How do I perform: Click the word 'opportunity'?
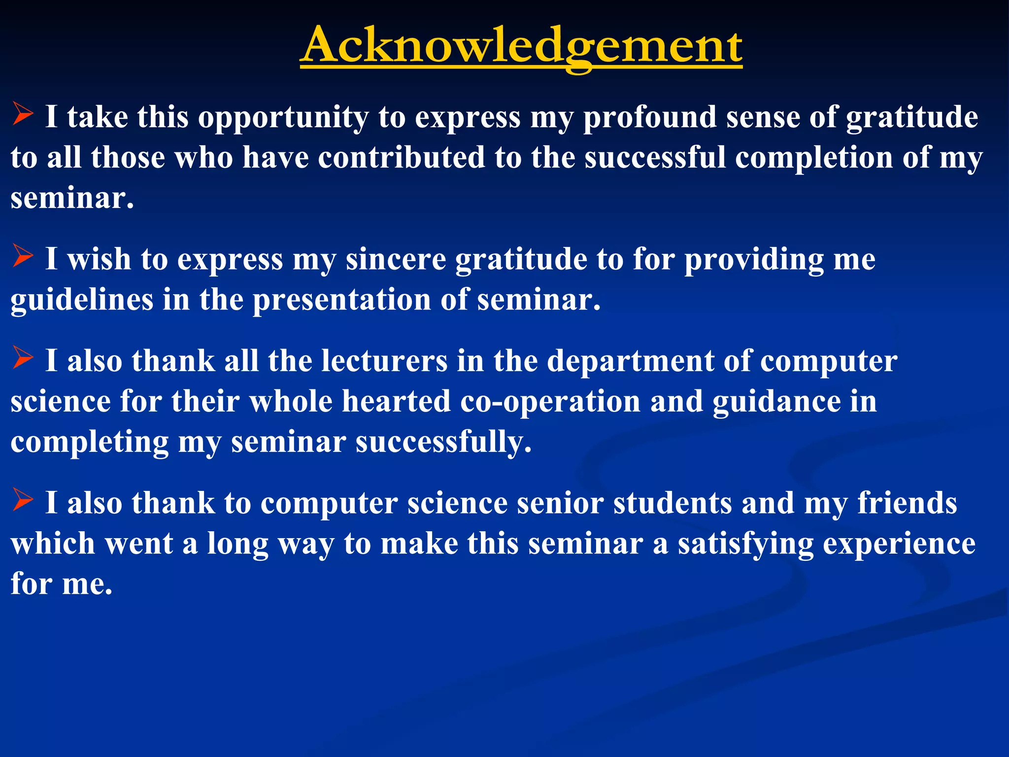[283, 118]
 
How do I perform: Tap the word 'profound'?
[650, 118]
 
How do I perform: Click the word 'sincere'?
[396, 260]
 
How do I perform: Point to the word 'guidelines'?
[81, 300]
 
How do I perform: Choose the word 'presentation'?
[341, 300]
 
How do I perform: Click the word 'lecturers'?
[384, 361]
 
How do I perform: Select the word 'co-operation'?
[550, 402]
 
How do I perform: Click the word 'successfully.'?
[443, 442]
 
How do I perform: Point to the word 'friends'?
[907, 504]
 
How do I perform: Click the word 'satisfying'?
[745, 545]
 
